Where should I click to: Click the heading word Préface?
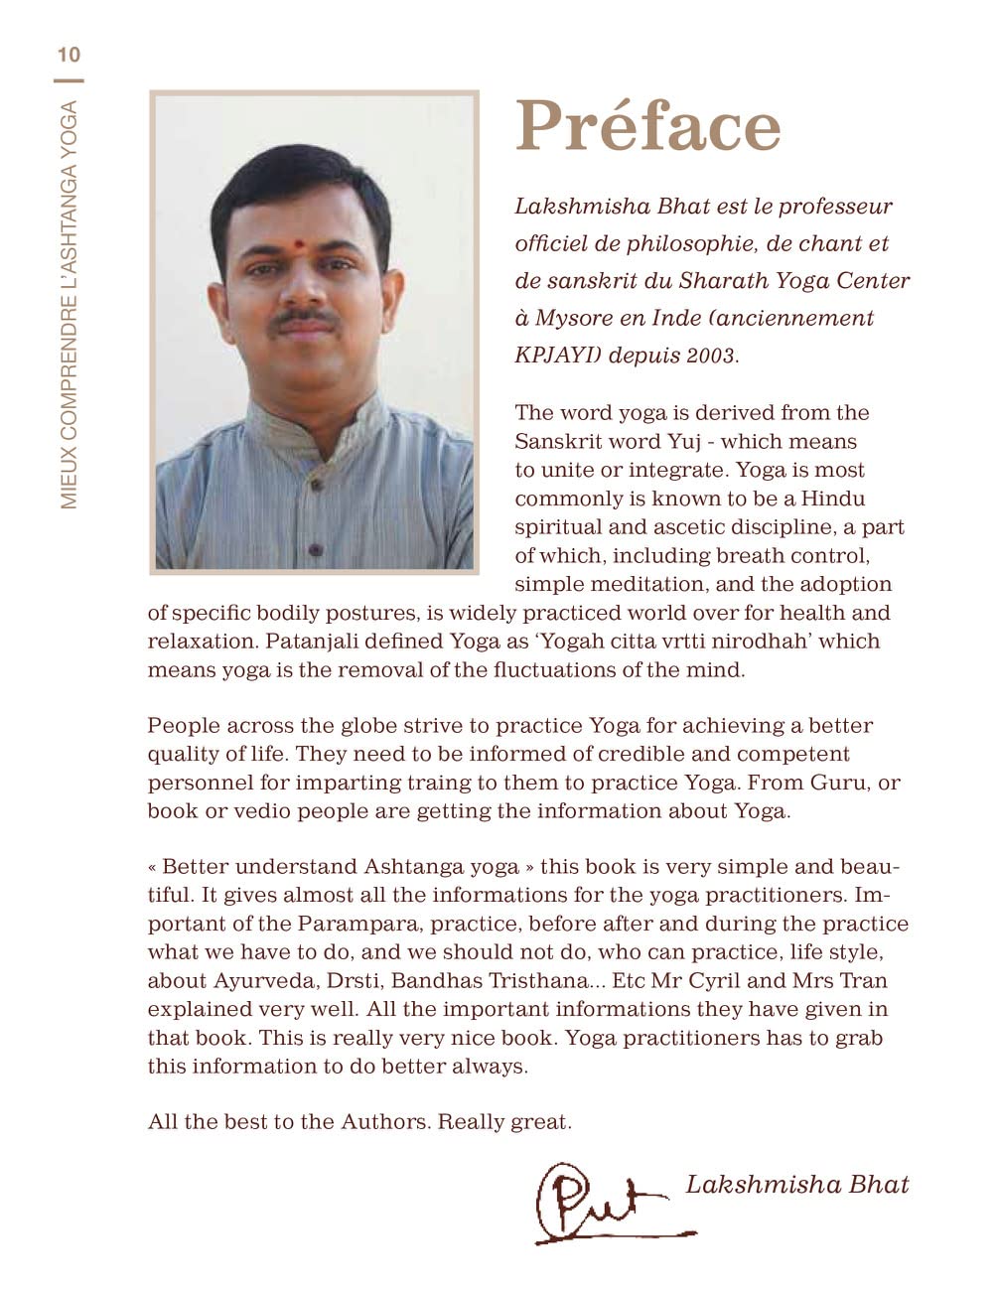click(x=647, y=127)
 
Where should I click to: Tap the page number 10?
click(x=69, y=55)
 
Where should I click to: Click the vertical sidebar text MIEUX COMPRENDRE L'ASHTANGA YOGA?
click(x=69, y=305)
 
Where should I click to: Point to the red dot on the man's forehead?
click(x=298, y=243)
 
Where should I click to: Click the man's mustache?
click(x=305, y=319)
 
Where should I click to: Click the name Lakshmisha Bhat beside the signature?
click(x=796, y=1184)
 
